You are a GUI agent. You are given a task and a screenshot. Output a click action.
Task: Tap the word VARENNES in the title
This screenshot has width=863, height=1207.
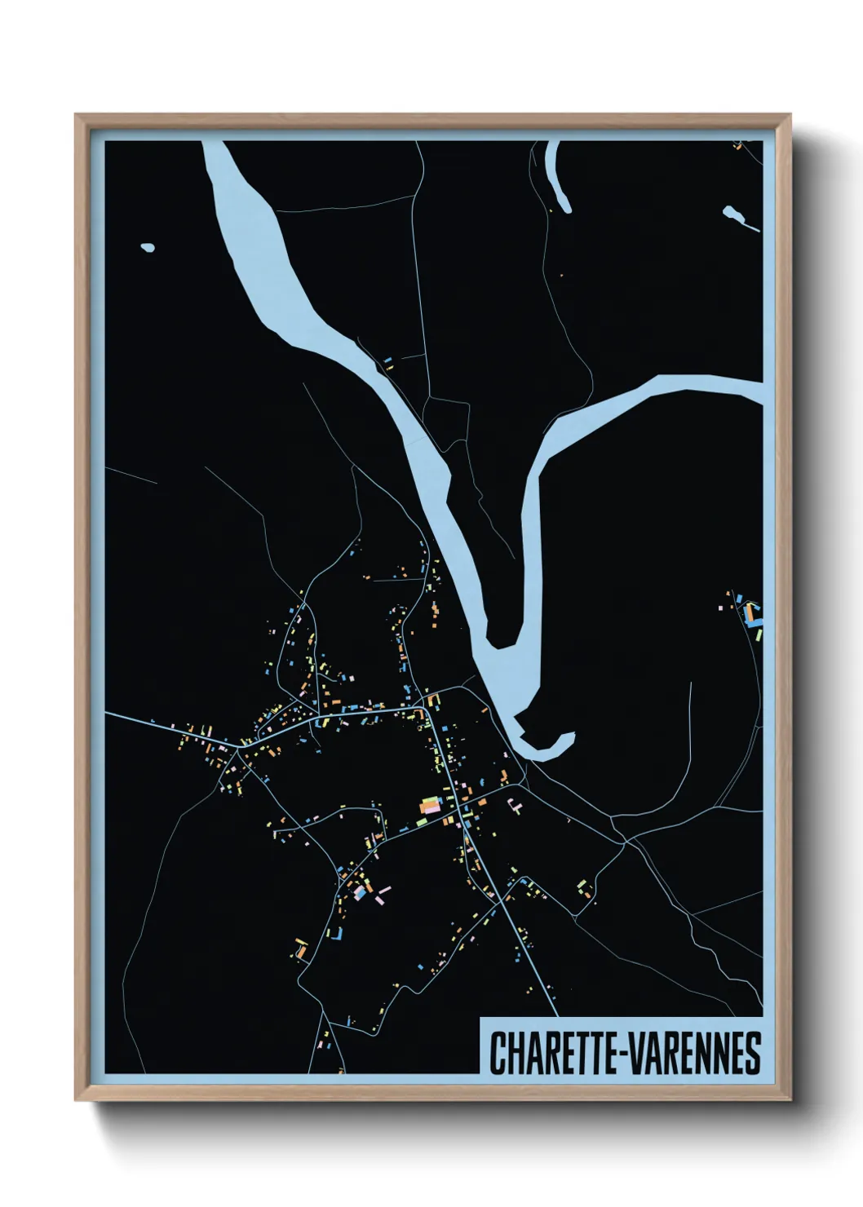[693, 1053]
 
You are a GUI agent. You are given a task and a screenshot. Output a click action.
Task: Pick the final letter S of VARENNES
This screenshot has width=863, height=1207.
[753, 1053]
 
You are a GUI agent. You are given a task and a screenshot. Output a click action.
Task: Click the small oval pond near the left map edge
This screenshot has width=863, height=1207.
[148, 247]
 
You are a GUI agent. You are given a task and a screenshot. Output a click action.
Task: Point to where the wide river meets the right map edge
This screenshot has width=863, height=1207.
[759, 389]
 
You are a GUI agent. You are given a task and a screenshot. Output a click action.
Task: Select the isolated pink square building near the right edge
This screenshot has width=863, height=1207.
[720, 607]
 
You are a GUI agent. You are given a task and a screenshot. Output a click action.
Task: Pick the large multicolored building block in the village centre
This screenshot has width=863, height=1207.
[429, 806]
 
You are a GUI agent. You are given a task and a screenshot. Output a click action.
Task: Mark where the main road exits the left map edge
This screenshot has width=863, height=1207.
[107, 713]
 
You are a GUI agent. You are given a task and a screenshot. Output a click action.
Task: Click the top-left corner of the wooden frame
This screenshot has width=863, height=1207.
[77, 116]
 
